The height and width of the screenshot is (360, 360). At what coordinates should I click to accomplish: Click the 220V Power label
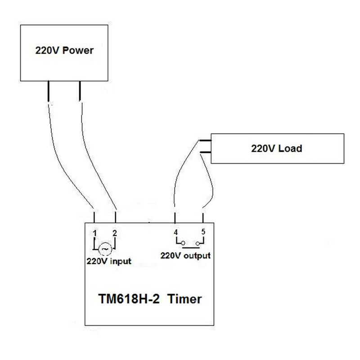pyautogui.click(x=64, y=50)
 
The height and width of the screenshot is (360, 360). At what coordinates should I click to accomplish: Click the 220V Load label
pyautogui.click(x=276, y=148)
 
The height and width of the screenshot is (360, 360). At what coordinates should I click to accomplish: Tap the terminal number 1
pyautogui.click(x=95, y=233)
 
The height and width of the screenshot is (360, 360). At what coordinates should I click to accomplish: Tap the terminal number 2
pyautogui.click(x=115, y=233)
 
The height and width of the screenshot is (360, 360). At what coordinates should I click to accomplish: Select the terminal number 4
pyautogui.click(x=175, y=232)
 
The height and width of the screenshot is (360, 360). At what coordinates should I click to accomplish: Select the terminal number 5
pyautogui.click(x=203, y=232)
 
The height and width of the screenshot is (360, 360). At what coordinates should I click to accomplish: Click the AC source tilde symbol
pyautogui.click(x=105, y=248)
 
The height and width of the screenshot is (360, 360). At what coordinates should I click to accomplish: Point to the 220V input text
pyautogui.click(x=109, y=261)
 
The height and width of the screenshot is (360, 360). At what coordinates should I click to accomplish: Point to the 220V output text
pyautogui.click(x=185, y=256)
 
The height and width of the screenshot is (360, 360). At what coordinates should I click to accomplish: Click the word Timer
pyautogui.click(x=185, y=298)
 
